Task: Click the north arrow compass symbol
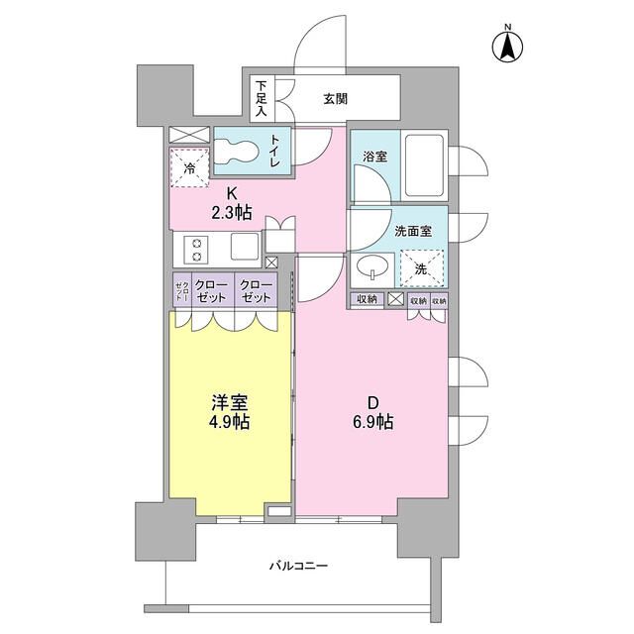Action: click(506, 47)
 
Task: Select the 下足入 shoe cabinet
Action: click(262, 97)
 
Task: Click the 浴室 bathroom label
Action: click(373, 156)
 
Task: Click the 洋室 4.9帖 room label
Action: click(229, 412)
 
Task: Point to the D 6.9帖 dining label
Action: click(373, 412)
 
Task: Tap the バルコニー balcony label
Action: click(298, 566)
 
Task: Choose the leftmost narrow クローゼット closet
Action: click(182, 291)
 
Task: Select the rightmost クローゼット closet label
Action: click(256, 291)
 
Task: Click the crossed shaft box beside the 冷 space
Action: click(188, 136)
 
